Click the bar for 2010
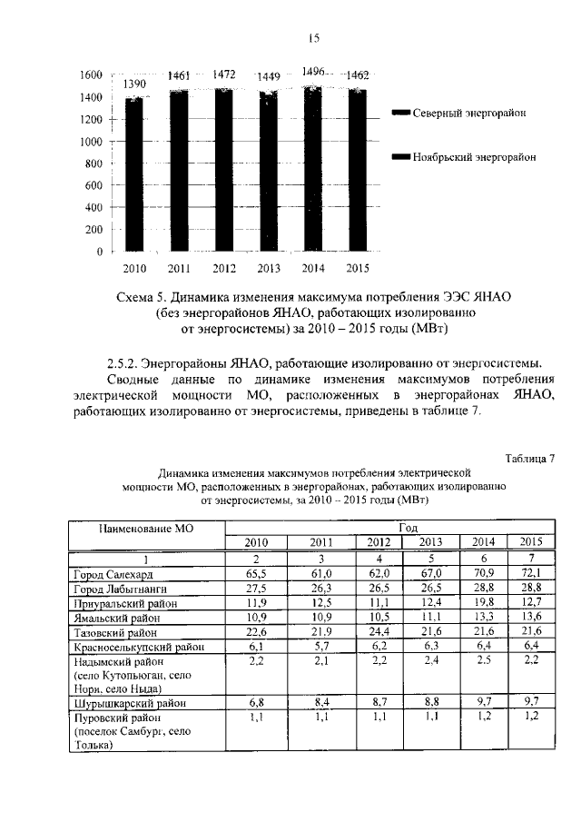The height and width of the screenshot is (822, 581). pyautogui.click(x=134, y=173)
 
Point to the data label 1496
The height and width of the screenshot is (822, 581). pyautogui.click(x=314, y=71)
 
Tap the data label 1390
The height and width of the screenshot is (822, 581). pyautogui.click(x=134, y=84)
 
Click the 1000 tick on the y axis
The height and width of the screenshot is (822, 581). pyautogui.click(x=88, y=142)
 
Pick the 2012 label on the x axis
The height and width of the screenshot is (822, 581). pyautogui.click(x=224, y=269)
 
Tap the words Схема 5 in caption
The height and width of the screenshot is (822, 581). pyautogui.click(x=143, y=297)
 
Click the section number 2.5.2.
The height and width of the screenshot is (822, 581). pyautogui.click(x=127, y=361)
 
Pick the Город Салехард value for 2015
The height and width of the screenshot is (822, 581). pyautogui.click(x=529, y=574)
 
